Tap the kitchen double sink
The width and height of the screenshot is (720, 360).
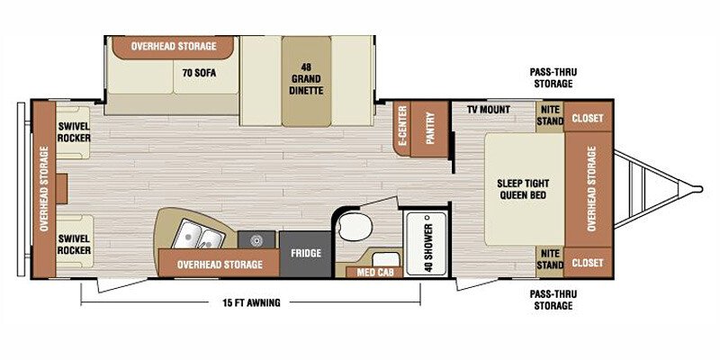(x=200, y=235)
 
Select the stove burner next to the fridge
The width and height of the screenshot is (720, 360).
(x=256, y=239)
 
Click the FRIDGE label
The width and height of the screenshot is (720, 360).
(x=305, y=254)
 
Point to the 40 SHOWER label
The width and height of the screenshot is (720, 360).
(x=429, y=248)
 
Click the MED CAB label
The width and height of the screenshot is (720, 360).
(x=373, y=273)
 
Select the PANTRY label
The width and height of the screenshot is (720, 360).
(x=430, y=128)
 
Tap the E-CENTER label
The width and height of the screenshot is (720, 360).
(x=402, y=126)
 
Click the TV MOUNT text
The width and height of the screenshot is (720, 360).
(x=489, y=110)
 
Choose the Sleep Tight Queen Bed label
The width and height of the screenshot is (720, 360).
(x=523, y=189)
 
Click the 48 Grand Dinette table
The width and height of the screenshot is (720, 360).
(x=306, y=81)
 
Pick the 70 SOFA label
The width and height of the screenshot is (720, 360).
(x=199, y=73)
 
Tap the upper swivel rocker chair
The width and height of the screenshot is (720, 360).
(x=74, y=132)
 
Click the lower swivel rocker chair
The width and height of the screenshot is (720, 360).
(x=75, y=242)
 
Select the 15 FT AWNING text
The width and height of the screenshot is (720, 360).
(x=251, y=302)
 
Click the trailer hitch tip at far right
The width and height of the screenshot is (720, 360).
(x=699, y=189)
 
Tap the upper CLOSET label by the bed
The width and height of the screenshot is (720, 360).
(x=588, y=118)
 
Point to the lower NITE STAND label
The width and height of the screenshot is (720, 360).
(x=550, y=259)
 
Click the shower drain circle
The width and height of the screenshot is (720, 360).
(x=427, y=216)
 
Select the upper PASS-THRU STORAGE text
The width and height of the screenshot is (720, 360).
(x=553, y=78)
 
